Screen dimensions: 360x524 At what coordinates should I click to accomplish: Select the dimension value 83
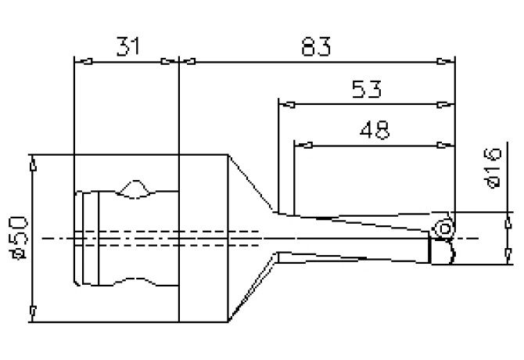tap(315, 47)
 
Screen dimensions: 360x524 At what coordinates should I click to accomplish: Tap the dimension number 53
tap(366, 90)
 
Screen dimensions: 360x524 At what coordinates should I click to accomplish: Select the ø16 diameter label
tap(492, 169)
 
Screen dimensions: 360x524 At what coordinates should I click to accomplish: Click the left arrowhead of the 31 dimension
tap(78, 61)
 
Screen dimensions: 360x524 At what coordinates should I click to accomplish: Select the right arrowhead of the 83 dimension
tap(448, 61)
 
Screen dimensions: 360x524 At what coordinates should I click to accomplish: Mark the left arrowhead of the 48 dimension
tap(301, 145)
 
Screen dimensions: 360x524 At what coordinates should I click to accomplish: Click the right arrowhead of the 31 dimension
tap(173, 61)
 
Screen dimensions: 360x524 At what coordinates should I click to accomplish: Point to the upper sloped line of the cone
tap(252, 183)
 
